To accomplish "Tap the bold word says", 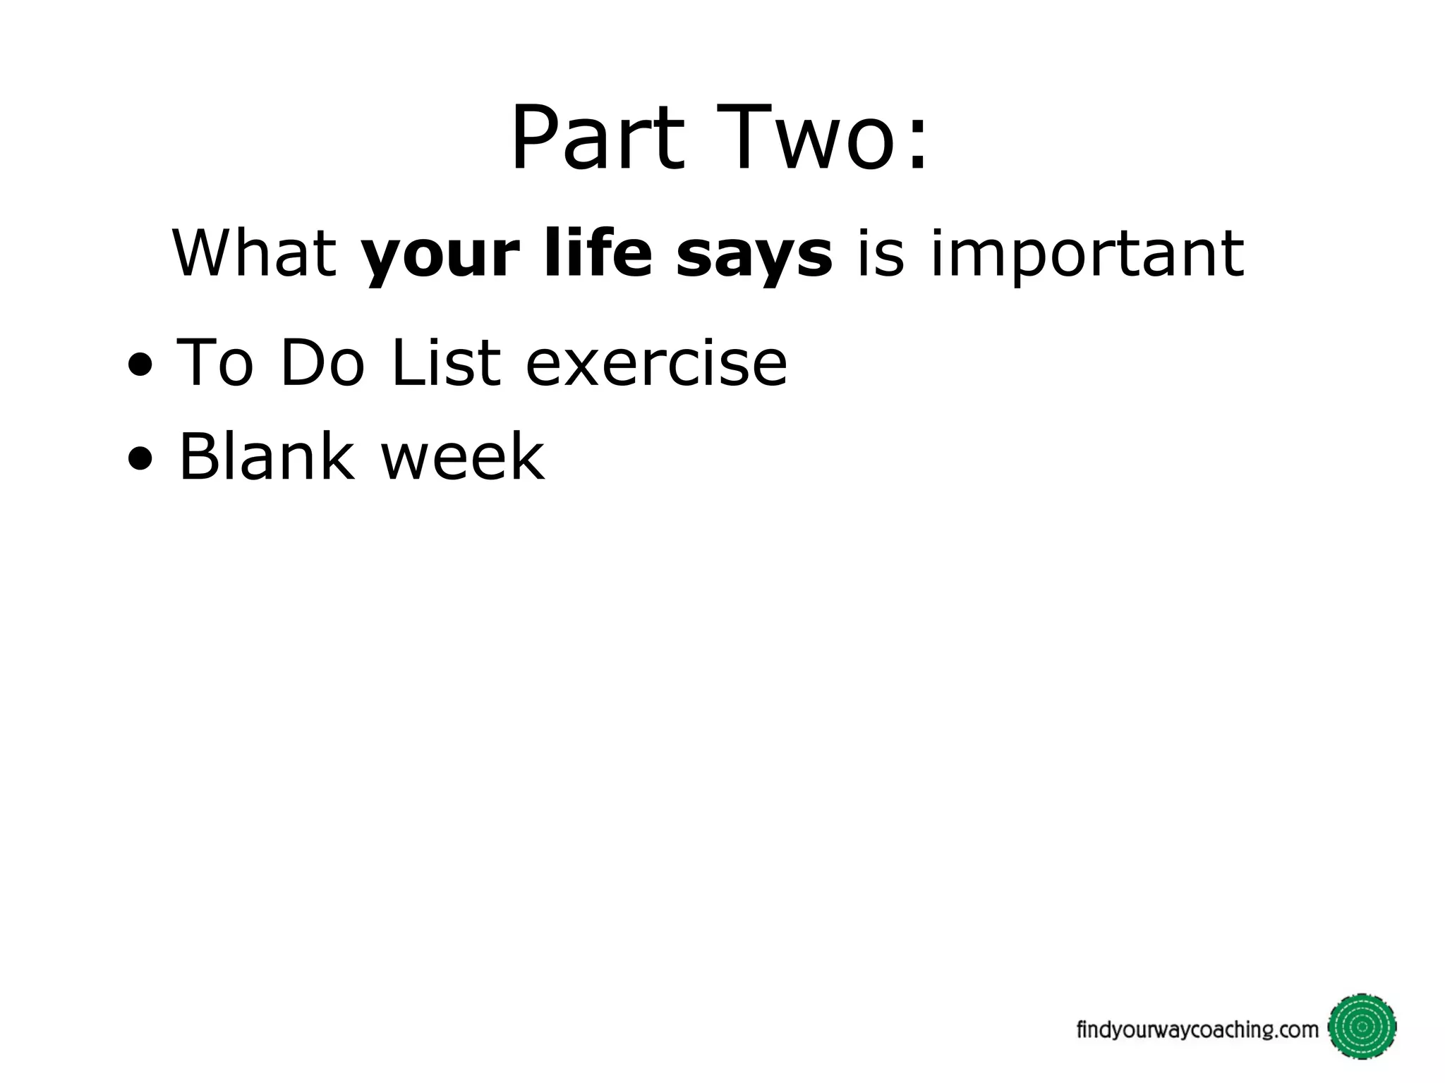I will [754, 257].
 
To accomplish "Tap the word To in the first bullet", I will [214, 363].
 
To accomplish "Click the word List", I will [445, 363].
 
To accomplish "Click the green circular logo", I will [1362, 1027].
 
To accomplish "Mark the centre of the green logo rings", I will [1362, 1027].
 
